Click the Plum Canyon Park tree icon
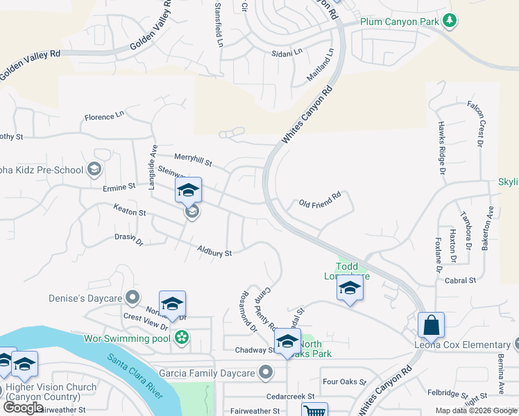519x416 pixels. (x=450, y=21)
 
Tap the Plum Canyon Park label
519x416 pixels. (x=400, y=21)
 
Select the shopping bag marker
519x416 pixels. (x=431, y=324)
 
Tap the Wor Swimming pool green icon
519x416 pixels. (x=182, y=338)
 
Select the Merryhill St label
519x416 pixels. (x=193, y=160)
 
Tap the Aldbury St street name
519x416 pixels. (x=214, y=250)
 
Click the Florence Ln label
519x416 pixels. (x=104, y=116)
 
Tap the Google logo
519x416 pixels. (x=23, y=408)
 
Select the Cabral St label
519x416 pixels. (x=461, y=281)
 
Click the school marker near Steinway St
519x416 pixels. (x=188, y=190)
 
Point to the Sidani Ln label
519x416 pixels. (x=287, y=52)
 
